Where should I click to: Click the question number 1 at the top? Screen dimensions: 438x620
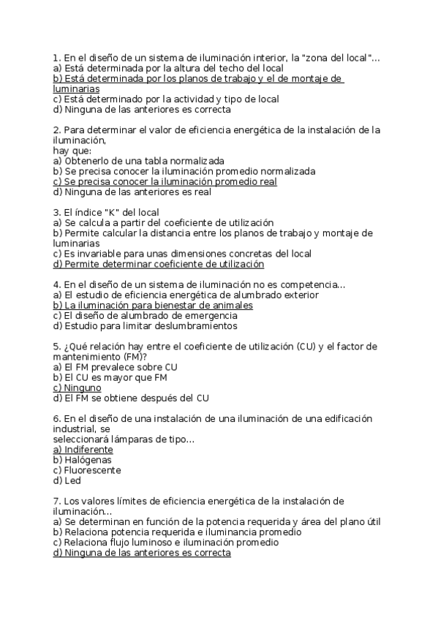(x=56, y=58)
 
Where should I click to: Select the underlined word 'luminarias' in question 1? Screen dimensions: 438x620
(x=76, y=88)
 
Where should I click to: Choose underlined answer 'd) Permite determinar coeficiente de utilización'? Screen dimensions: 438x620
(x=159, y=264)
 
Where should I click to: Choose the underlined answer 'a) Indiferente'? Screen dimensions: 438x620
(x=83, y=450)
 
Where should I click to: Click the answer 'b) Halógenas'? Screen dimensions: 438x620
(x=82, y=460)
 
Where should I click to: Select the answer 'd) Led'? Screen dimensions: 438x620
(x=67, y=480)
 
